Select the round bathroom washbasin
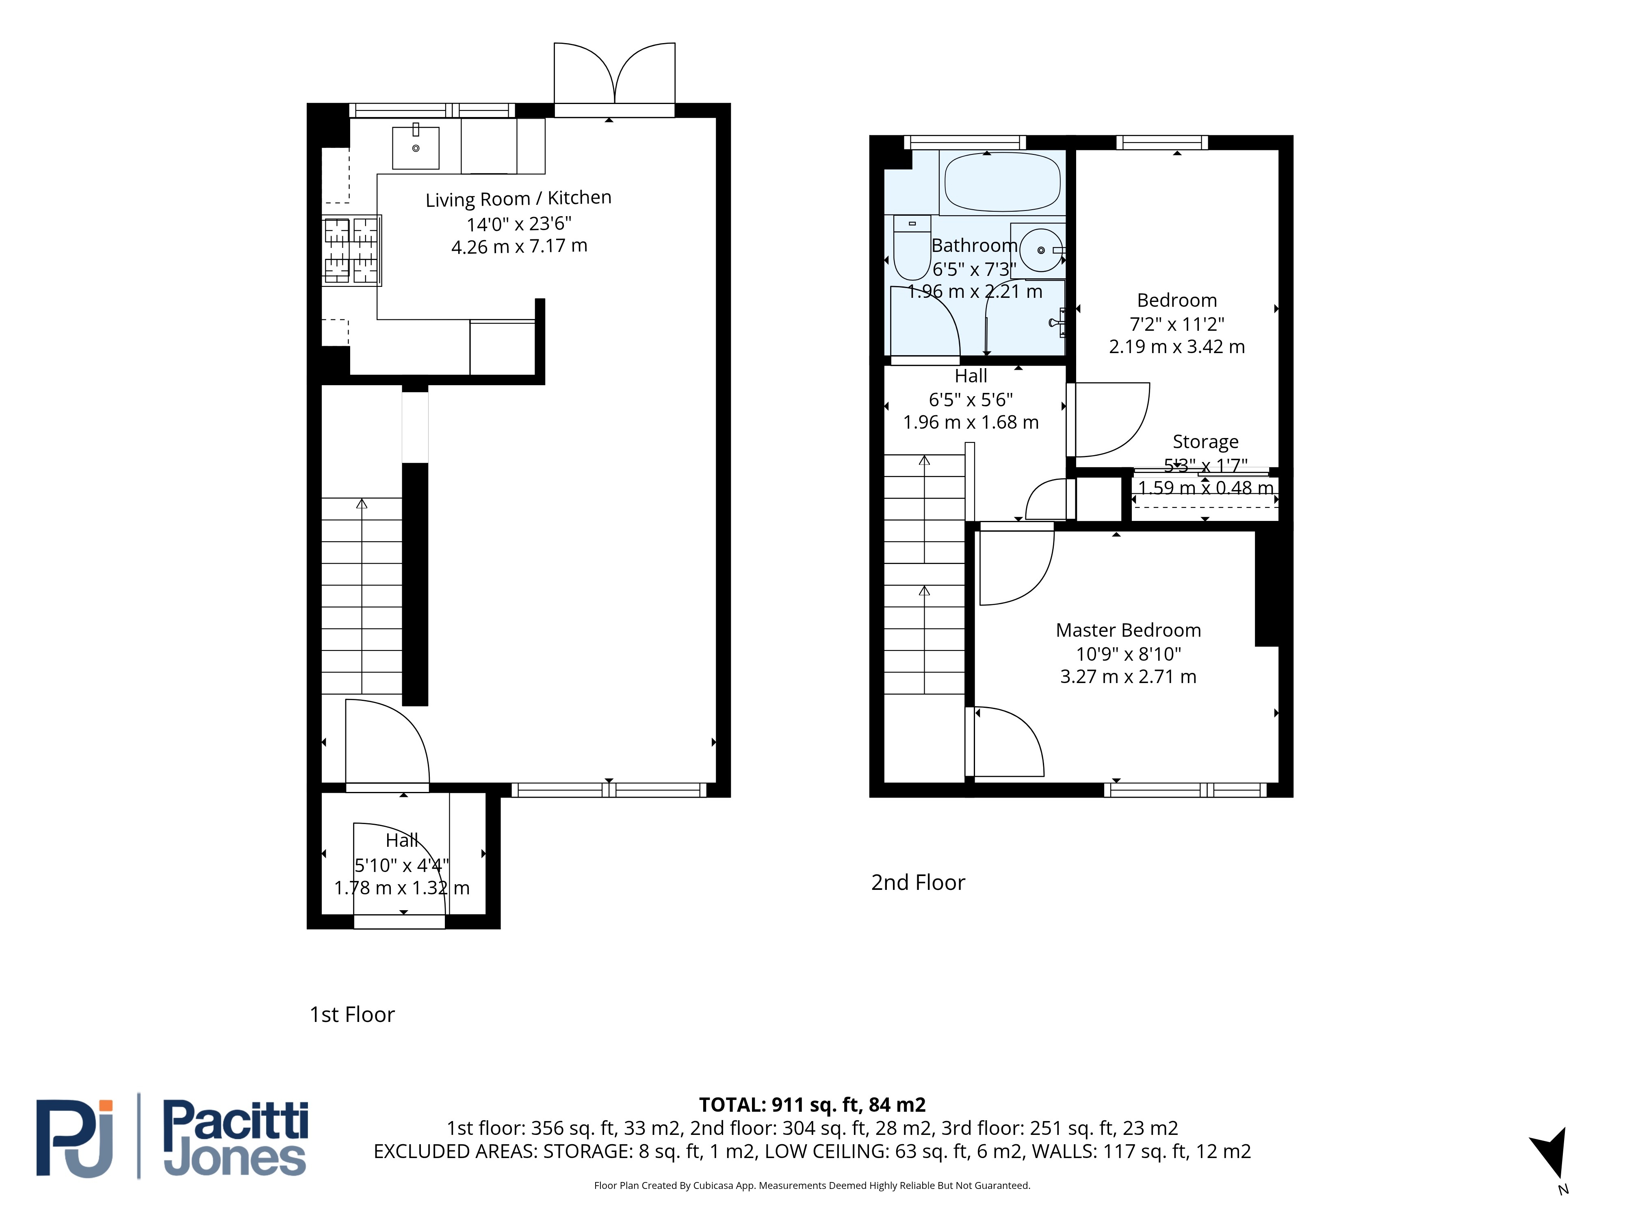pyautogui.click(x=1041, y=250)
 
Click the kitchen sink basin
pyautogui.click(x=416, y=147)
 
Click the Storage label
pyautogui.click(x=1205, y=442)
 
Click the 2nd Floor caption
pyautogui.click(x=918, y=883)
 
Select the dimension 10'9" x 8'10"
pyautogui.click(x=1129, y=653)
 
